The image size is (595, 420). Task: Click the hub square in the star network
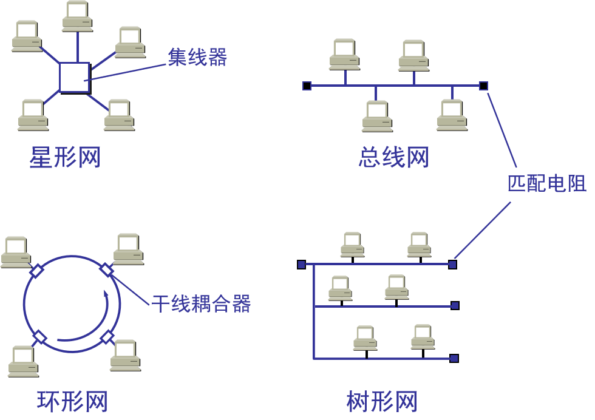click(75, 77)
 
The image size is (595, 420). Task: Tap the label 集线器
click(197, 57)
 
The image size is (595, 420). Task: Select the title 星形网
click(65, 158)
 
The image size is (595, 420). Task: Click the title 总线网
click(393, 158)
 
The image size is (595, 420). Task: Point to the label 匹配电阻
click(546, 183)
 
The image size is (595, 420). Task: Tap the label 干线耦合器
click(201, 303)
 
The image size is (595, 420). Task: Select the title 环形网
click(72, 401)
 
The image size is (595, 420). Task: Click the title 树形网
click(382, 401)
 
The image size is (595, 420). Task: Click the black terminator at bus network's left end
click(307, 86)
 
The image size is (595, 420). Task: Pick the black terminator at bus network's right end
click(483, 86)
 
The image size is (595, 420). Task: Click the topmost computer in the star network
click(78, 17)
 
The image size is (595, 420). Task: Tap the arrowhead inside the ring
click(106, 295)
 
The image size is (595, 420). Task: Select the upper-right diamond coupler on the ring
click(106, 269)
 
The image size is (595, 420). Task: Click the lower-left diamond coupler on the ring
click(39, 337)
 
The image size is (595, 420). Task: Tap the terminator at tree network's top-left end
click(301, 264)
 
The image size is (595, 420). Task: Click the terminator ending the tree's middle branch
click(455, 305)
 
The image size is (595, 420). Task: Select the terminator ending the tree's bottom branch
click(454, 358)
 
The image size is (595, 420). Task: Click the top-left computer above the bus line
click(344, 55)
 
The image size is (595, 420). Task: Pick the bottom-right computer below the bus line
click(452, 115)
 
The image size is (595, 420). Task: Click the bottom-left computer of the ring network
click(24, 362)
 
